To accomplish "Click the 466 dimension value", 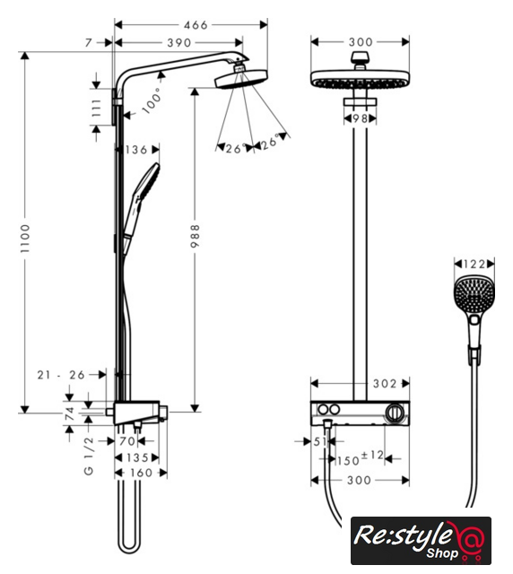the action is [x=196, y=25].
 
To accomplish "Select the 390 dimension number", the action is [x=179, y=43].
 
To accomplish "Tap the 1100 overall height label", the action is [x=25, y=239].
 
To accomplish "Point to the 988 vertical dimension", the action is [x=196, y=236].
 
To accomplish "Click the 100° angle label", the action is [x=152, y=100].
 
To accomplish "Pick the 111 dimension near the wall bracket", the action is [x=96, y=108].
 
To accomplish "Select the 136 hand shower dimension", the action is [x=136, y=150].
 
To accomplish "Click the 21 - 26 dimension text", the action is [x=61, y=375].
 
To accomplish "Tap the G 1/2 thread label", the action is [x=89, y=457].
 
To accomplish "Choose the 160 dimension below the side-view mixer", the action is [x=142, y=473].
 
